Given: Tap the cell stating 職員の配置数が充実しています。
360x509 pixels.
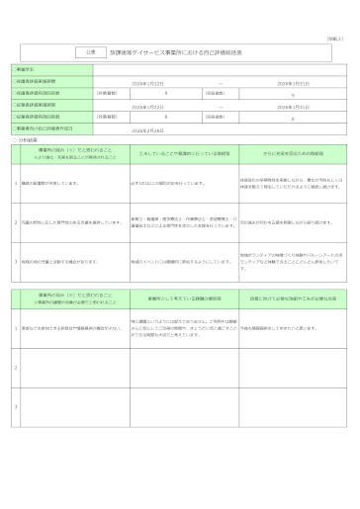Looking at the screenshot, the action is [x=59, y=183].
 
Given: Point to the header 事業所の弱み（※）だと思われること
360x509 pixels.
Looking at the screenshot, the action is [x=68, y=295].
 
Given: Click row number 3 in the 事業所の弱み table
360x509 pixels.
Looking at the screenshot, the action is [x=14, y=405].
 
